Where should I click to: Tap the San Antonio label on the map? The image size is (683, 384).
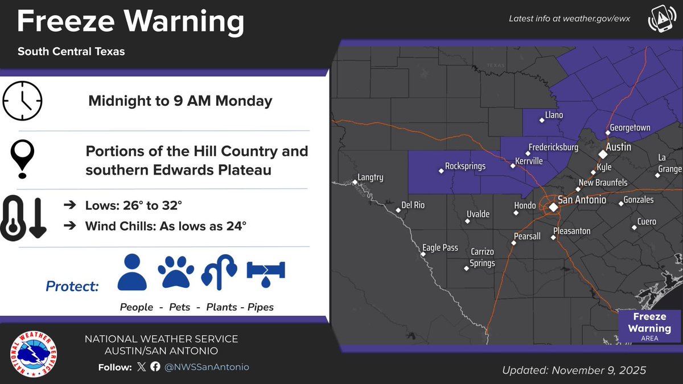[582, 200]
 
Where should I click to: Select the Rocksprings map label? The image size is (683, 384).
[465, 167]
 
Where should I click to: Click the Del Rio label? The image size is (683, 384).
[413, 205]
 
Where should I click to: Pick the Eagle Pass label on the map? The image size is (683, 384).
[440, 247]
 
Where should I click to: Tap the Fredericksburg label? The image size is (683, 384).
[553, 147]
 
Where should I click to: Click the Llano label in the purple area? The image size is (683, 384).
[553, 115]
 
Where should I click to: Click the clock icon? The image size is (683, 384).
[23, 101]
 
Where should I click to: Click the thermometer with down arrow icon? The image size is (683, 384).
[24, 217]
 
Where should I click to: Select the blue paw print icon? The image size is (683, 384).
[176, 272]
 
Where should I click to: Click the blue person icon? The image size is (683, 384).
[133, 272]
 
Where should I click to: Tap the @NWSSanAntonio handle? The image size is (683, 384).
[207, 367]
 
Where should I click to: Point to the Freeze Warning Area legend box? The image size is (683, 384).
[649, 326]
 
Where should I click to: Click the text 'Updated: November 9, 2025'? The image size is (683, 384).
[574, 370]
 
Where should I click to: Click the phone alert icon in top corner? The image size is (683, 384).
[661, 20]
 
